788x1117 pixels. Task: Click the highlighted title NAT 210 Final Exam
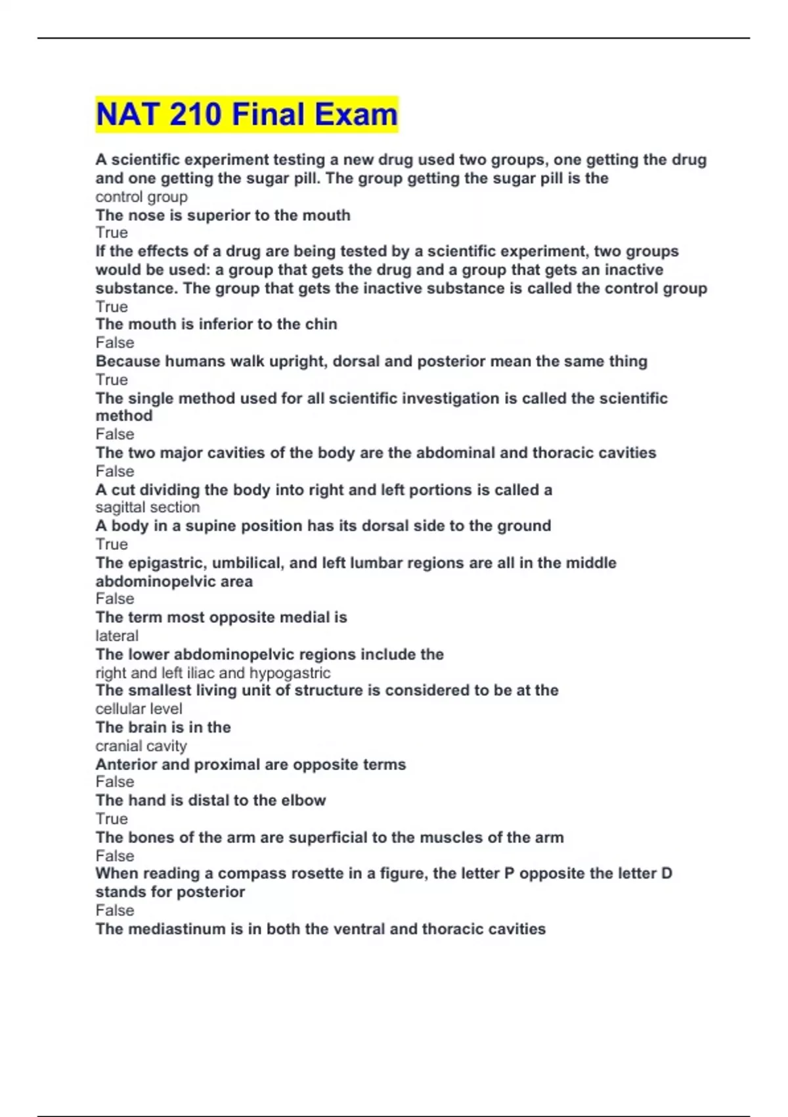click(246, 114)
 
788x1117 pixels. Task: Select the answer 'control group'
click(141, 196)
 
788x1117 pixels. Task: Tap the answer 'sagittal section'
click(147, 507)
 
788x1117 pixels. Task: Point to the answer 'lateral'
click(117, 635)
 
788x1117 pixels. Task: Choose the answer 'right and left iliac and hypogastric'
click(213, 672)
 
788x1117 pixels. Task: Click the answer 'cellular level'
click(139, 708)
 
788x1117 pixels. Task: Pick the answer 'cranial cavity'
click(141, 746)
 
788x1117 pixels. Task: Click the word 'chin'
click(321, 324)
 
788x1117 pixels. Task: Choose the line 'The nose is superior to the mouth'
click(223, 215)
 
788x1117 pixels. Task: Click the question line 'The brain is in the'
click(163, 727)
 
